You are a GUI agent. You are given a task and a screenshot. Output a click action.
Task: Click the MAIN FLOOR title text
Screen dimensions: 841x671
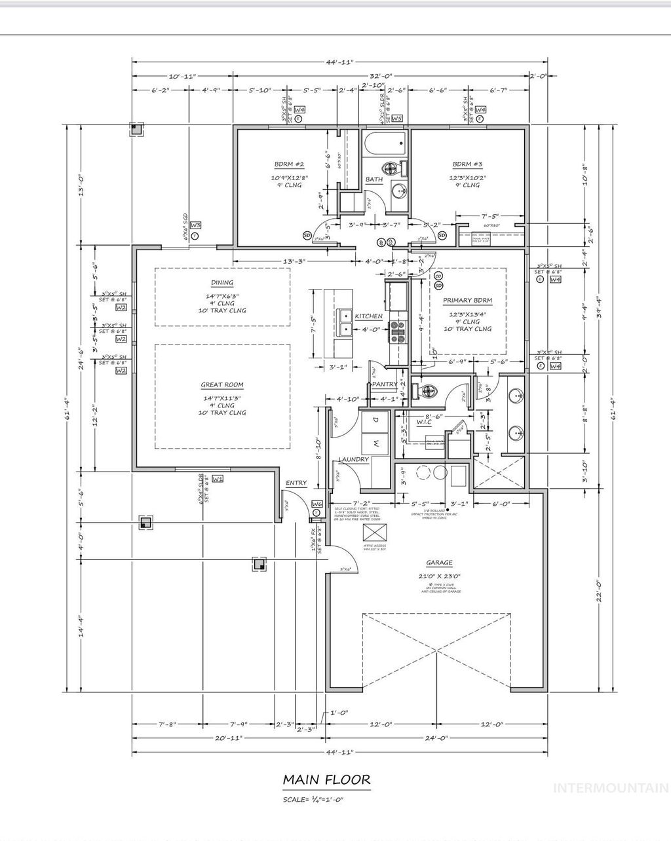click(326, 779)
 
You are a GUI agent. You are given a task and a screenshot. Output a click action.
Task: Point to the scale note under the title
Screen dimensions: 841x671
click(313, 800)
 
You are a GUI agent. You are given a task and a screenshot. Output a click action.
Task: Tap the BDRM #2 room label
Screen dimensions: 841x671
click(289, 164)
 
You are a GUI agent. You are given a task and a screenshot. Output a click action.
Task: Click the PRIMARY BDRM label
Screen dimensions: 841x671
click(467, 300)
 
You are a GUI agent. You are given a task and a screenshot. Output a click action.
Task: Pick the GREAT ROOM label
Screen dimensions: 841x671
click(223, 385)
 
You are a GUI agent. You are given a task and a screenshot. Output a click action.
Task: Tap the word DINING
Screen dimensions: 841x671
click(223, 283)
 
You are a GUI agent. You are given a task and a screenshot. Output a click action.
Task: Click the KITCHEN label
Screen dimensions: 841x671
click(368, 316)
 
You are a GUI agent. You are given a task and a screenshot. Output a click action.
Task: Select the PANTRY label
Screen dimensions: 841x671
click(385, 384)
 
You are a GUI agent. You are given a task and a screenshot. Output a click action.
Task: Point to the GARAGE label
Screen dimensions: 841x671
click(439, 563)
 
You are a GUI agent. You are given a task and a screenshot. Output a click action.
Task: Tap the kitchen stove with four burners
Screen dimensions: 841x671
click(397, 332)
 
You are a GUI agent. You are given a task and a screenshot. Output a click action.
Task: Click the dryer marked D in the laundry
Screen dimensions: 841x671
click(375, 419)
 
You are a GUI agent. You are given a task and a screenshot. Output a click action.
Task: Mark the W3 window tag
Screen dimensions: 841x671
click(195, 226)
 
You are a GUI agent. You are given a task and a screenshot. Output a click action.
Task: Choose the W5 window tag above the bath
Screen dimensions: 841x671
click(396, 119)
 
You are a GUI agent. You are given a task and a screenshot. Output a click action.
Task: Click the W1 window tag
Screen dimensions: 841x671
click(218, 479)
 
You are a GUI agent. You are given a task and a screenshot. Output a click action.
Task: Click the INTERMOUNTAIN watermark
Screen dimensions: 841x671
click(610, 788)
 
